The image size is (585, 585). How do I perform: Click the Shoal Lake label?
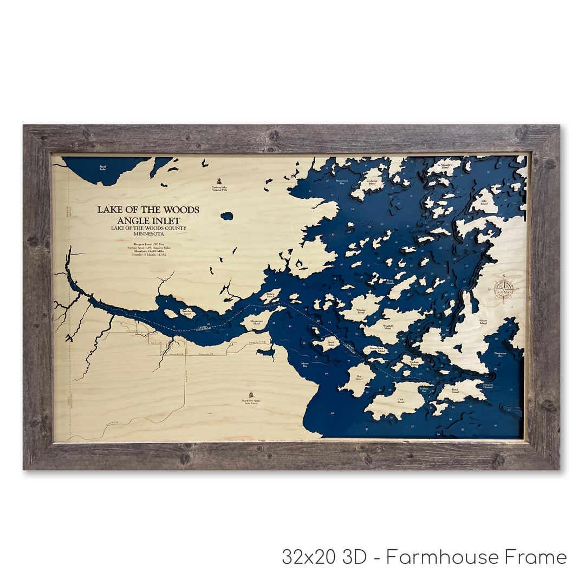[103, 168]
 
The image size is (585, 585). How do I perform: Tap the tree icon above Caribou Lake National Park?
[219, 181]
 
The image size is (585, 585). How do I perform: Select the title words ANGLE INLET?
[148, 220]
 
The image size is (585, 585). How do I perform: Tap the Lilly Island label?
[484, 202]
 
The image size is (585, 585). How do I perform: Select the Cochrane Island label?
[372, 182]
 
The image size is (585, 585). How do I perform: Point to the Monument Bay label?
[342, 183]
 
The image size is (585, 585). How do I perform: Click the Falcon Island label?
[483, 322]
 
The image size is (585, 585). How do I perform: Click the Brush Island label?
[331, 343]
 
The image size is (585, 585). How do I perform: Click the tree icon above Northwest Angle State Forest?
[250, 395]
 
